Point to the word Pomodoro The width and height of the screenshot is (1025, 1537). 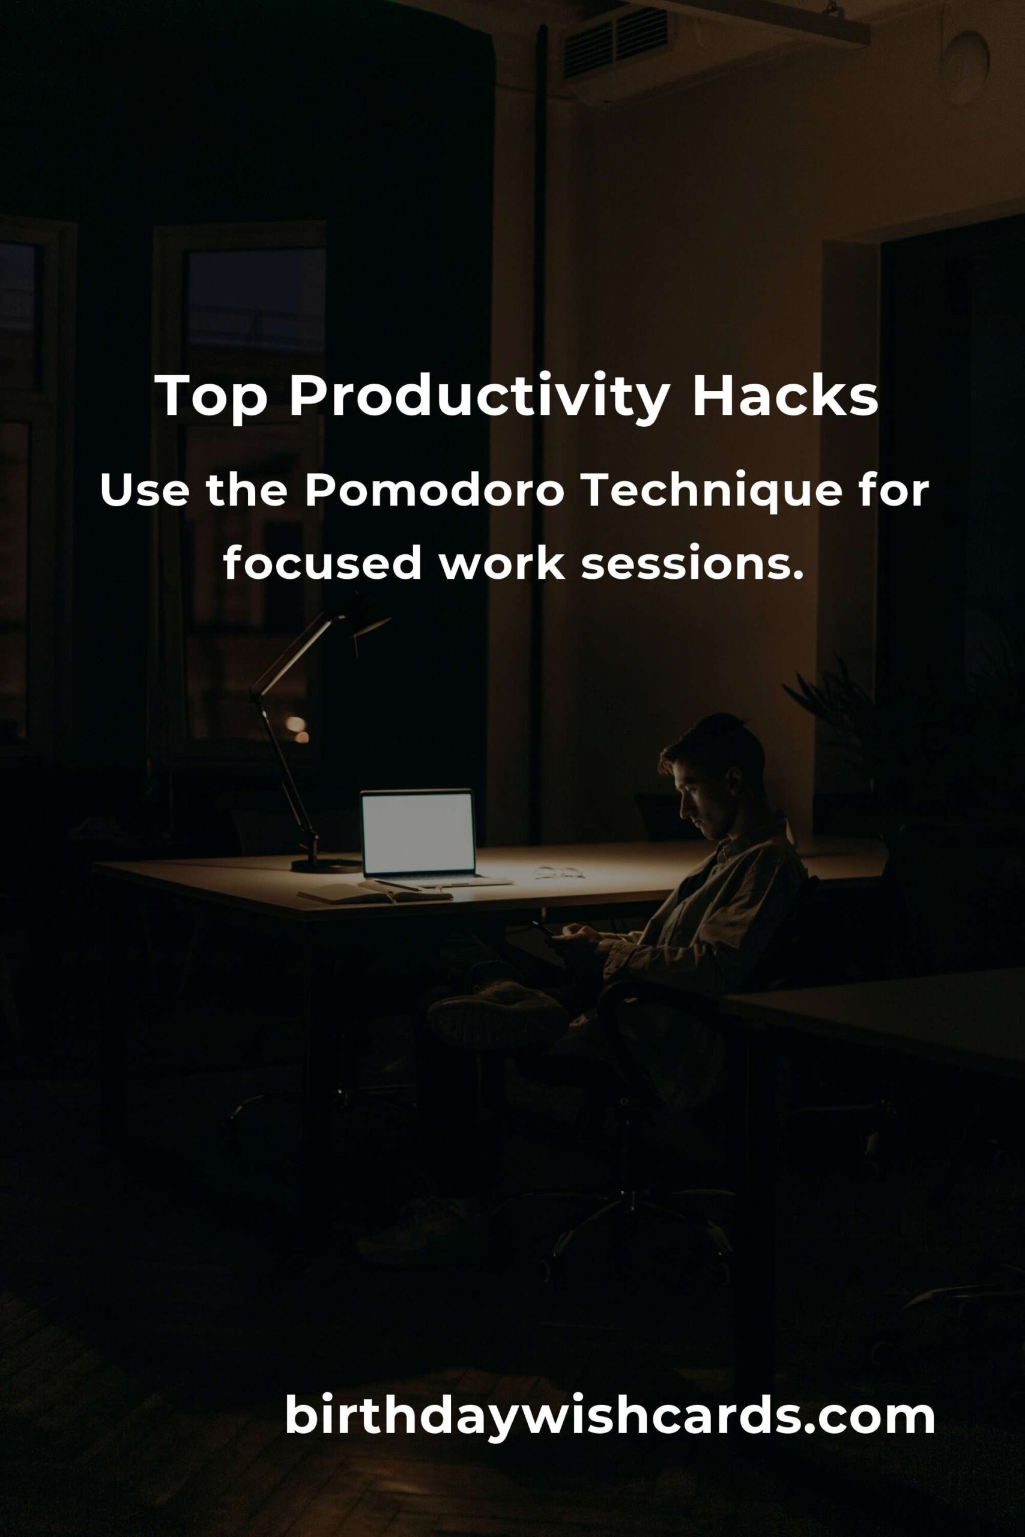click(435, 492)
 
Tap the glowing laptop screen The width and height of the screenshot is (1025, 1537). click(419, 833)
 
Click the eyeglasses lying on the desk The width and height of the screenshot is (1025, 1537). click(558, 872)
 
